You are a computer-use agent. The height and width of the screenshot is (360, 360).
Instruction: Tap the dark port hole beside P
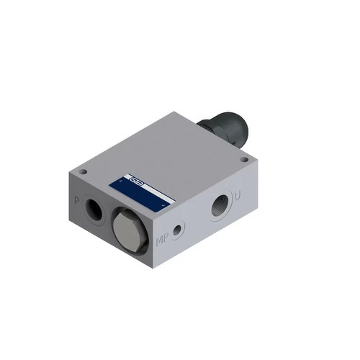tap(94, 210)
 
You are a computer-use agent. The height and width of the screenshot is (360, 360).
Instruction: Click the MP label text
tap(163, 239)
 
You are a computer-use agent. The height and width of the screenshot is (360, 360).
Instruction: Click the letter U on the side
tap(238, 195)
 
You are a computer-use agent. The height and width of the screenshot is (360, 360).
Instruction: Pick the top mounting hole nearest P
tap(83, 172)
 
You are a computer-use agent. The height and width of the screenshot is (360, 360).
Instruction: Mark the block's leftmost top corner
tap(68, 173)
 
